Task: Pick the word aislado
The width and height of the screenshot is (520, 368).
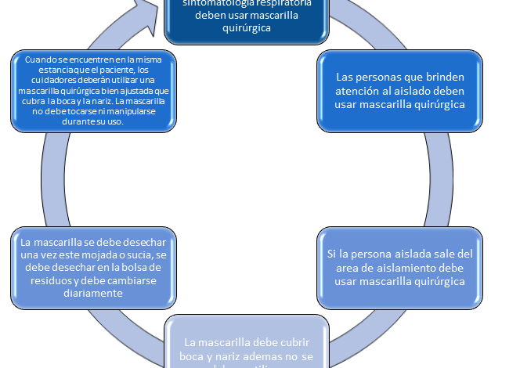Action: tap(424, 92)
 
